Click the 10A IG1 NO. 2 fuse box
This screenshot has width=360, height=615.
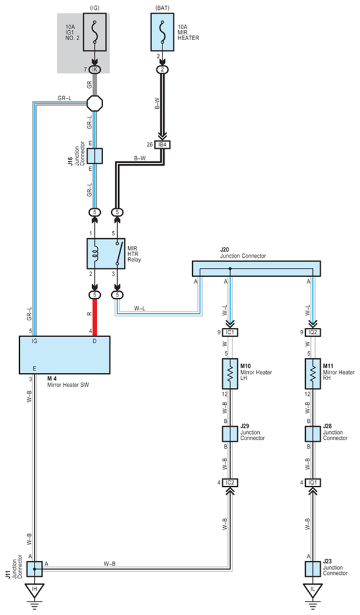coord(94,33)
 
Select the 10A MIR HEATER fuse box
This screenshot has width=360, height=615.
coord(163,32)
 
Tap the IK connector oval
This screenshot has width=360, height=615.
coord(94,69)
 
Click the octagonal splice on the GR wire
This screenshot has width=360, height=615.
coord(94,104)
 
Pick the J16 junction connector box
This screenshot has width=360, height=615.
coord(94,155)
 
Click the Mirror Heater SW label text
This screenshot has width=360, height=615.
coord(68,385)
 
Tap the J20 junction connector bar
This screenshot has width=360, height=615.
coord(256,268)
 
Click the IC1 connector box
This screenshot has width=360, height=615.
coord(230,332)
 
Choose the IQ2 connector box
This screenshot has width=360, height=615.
coord(313,332)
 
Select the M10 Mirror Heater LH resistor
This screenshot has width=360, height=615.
coord(230,374)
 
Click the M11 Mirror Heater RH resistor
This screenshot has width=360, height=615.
coord(313,374)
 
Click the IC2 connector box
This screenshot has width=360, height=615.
coord(230,482)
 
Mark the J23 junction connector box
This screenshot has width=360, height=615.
coord(313,569)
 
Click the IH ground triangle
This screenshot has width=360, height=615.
coord(34,589)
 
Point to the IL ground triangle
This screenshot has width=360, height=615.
coord(313,589)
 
